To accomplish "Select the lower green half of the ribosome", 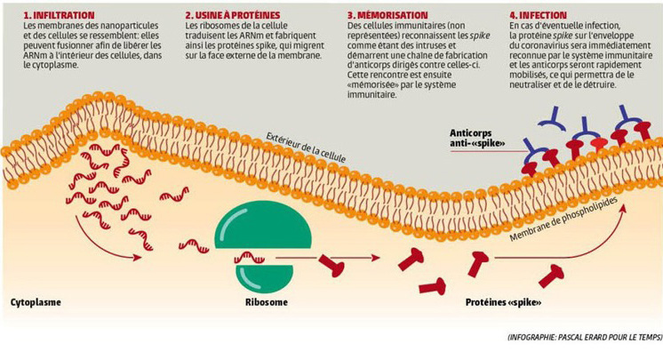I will coord(264,272).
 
